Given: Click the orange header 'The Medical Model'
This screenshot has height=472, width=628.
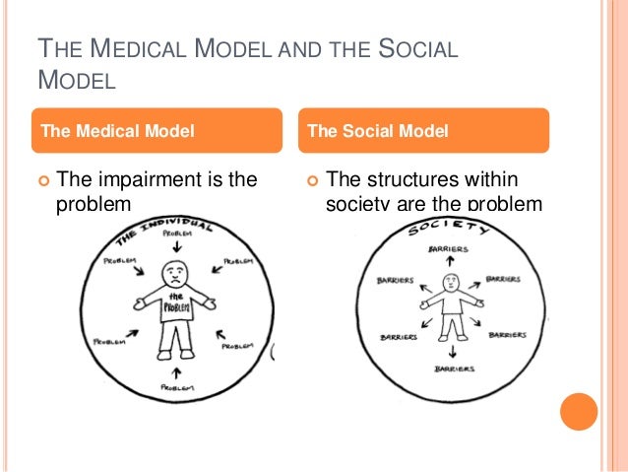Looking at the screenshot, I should pos(115,129).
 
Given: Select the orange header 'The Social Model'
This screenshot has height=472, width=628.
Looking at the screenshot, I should pos(378,129).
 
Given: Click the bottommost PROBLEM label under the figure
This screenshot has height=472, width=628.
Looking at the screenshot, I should pos(178,389).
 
